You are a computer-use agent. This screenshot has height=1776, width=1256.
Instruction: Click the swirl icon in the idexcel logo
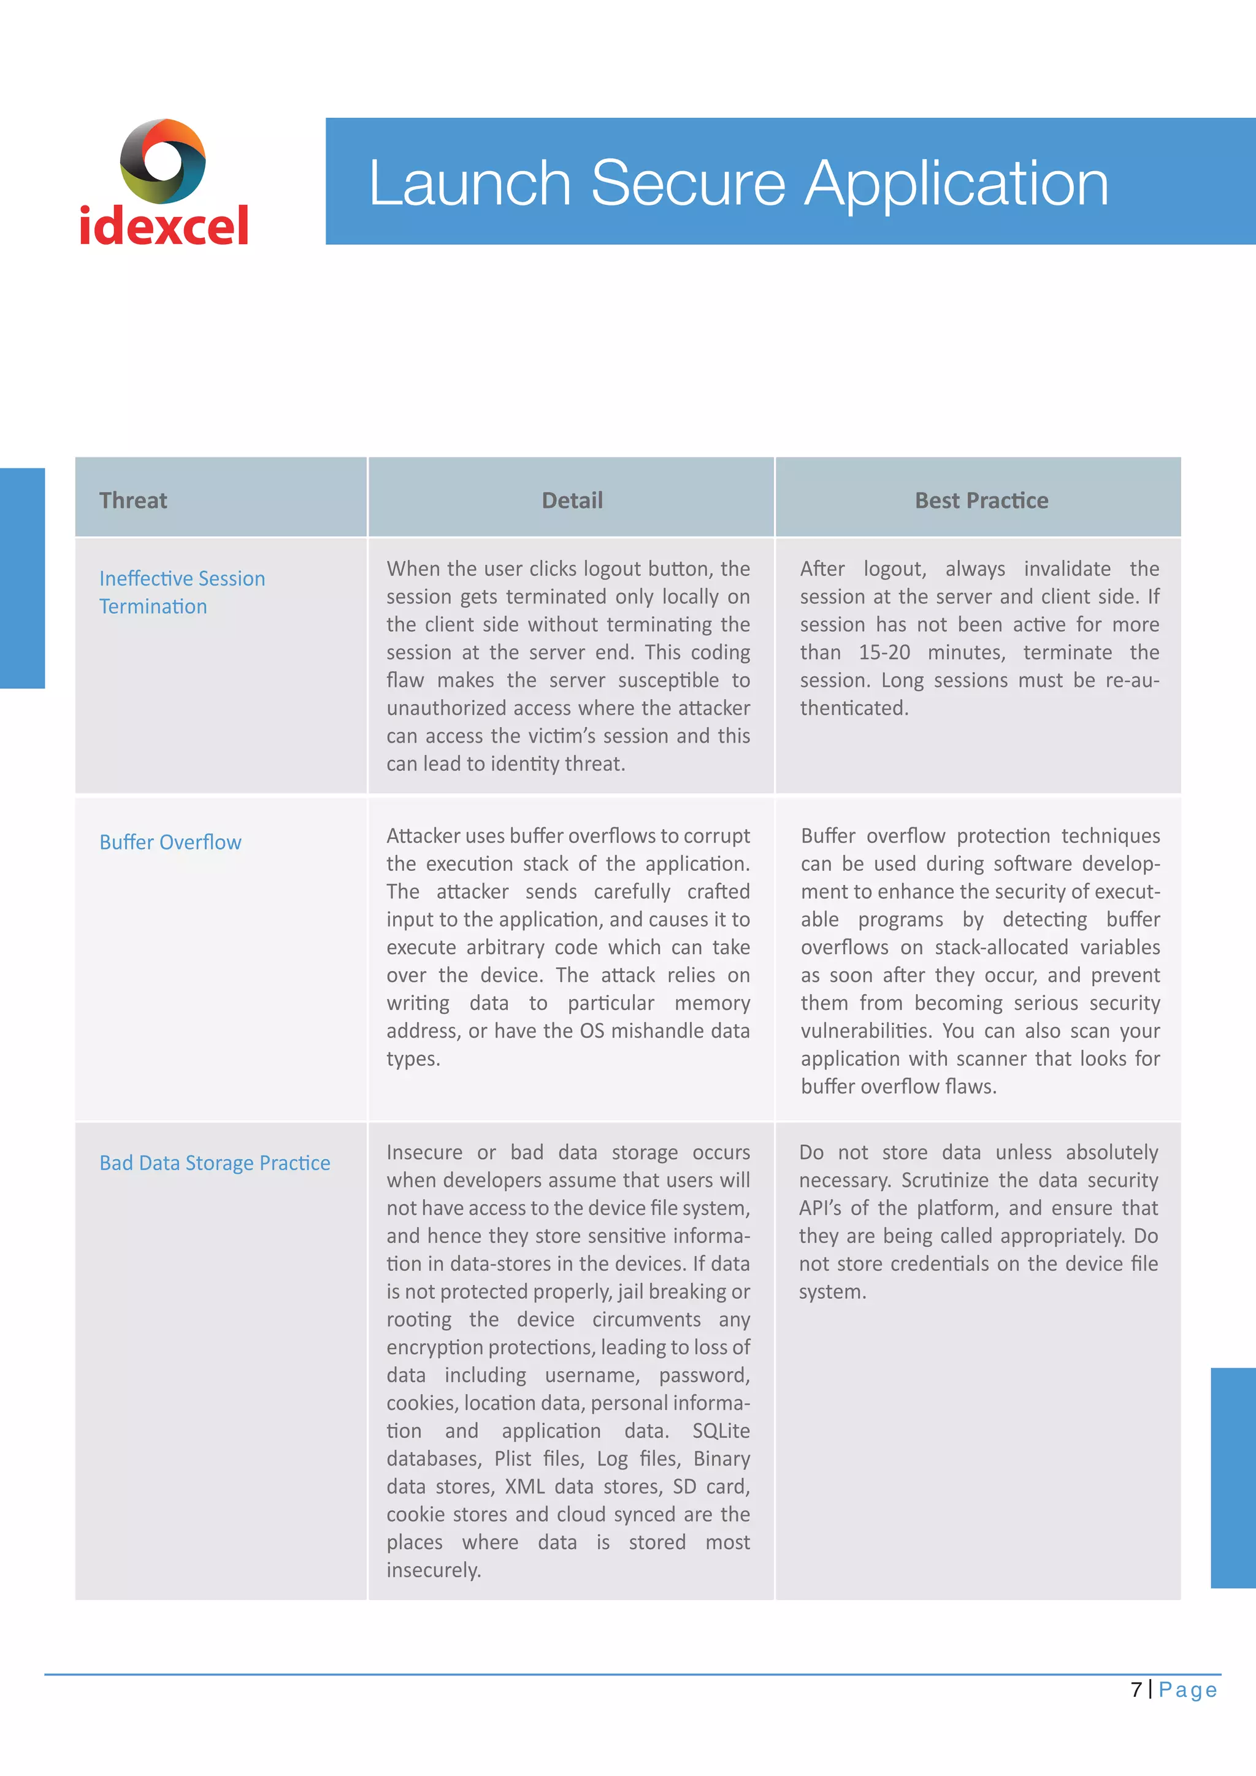coord(163,161)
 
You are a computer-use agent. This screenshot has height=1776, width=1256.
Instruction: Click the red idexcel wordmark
coord(164,225)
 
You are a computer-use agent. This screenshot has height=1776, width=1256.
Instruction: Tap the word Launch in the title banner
coord(469,183)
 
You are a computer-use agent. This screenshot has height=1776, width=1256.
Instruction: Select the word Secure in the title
coord(687,183)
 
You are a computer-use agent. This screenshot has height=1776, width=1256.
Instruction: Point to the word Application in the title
coord(956,185)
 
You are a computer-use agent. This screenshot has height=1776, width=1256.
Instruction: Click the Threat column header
coord(133,500)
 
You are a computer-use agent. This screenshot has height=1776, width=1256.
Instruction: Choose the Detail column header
coord(572,500)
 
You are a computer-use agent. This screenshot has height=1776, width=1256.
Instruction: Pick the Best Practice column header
coord(981,500)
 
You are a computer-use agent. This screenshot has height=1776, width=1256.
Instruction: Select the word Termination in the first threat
coord(153,607)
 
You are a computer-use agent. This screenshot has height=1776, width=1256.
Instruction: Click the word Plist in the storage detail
coord(512,1458)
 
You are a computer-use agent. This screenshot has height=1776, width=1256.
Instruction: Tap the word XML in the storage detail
coord(524,1486)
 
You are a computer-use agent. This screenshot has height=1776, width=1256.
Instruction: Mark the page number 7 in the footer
coord(1136,1690)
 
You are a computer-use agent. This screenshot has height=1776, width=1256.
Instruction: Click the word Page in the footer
coord(1187,1690)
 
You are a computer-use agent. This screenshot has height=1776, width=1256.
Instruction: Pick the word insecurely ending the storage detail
coord(433,1569)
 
